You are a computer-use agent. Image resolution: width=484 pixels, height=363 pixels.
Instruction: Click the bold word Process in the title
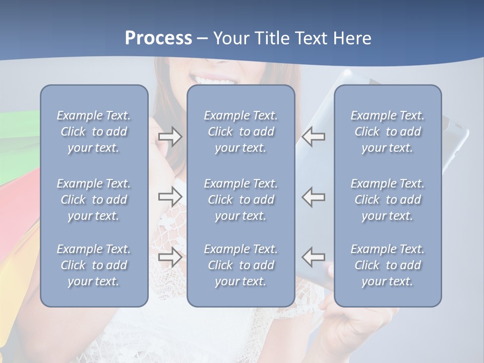tap(158, 38)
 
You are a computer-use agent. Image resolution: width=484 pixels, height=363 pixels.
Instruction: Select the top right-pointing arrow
tap(170, 137)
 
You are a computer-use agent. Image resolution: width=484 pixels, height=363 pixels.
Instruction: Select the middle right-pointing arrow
tap(170, 197)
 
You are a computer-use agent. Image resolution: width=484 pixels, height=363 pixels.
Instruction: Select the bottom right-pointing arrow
tap(170, 257)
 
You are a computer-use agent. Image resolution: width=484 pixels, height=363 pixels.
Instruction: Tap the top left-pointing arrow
tap(314, 137)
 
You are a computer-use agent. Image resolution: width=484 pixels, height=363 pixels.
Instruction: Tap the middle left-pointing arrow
tap(314, 197)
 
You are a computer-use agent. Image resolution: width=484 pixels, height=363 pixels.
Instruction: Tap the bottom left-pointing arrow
tap(314, 257)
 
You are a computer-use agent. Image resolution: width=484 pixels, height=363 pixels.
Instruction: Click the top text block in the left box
tap(94, 132)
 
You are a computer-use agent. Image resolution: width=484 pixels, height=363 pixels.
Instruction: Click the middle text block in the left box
tap(94, 200)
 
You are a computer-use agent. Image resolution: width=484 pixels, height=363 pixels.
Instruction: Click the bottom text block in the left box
tap(94, 265)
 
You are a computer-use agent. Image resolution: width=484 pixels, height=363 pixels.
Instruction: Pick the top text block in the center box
tap(240, 132)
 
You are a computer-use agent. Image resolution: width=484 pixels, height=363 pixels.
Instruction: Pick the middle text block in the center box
tap(240, 200)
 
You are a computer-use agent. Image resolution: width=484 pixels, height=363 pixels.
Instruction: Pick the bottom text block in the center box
tap(240, 265)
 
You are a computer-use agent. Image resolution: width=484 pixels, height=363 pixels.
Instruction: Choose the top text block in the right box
tap(387, 132)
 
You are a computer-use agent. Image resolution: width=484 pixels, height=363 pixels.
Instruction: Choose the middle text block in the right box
tap(387, 200)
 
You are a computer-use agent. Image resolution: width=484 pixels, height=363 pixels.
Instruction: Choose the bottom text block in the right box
tap(387, 265)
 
